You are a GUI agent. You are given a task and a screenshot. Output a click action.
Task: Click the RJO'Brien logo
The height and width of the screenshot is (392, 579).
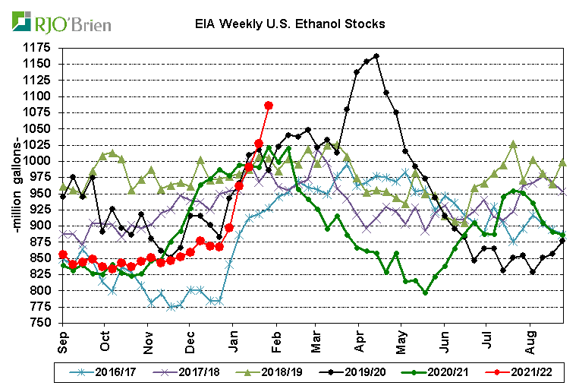[x=61, y=22]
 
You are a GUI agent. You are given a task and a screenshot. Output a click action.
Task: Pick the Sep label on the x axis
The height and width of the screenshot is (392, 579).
[x=63, y=340]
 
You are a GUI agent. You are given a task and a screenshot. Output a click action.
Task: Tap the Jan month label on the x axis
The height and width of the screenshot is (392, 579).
[x=234, y=340]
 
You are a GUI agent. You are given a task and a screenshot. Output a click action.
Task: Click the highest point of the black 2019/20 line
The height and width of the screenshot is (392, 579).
[x=376, y=55]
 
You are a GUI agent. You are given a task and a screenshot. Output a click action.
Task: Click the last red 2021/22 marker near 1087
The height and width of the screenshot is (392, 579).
[x=268, y=105]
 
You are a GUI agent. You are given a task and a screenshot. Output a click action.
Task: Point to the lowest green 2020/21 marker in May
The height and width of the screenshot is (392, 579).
[x=425, y=292]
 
